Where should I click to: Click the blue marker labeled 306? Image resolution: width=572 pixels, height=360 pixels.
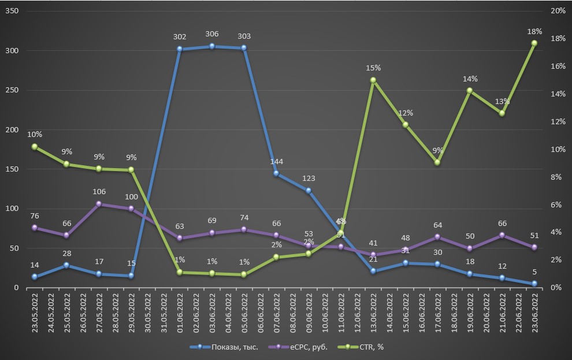click(212, 46)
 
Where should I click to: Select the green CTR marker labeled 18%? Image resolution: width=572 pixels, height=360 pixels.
click(534, 43)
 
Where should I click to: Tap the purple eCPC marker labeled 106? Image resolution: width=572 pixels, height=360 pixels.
click(99, 204)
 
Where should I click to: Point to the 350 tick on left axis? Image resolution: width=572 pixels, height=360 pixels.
click(12, 12)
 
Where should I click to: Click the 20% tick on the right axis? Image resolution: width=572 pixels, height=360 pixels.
click(558, 12)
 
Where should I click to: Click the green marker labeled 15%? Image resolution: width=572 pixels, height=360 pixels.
click(373, 80)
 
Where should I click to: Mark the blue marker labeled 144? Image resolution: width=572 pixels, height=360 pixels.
click(276, 173)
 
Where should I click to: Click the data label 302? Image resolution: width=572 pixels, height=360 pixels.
click(180, 37)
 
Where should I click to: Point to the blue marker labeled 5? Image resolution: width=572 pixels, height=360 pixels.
click(534, 284)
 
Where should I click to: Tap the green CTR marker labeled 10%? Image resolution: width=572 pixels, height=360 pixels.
click(35, 147)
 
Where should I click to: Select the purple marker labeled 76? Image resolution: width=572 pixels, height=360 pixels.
click(35, 228)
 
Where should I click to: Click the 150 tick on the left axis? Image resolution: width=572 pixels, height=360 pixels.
click(12, 169)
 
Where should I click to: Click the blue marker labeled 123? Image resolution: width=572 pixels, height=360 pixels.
click(309, 190)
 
